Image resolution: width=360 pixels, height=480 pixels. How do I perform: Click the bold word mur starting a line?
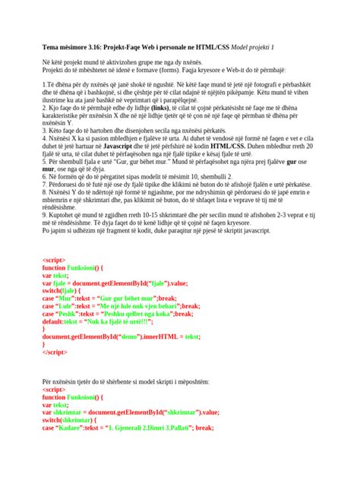(x=49, y=190)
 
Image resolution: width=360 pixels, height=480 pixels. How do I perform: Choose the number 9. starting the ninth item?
(x=44, y=235)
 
